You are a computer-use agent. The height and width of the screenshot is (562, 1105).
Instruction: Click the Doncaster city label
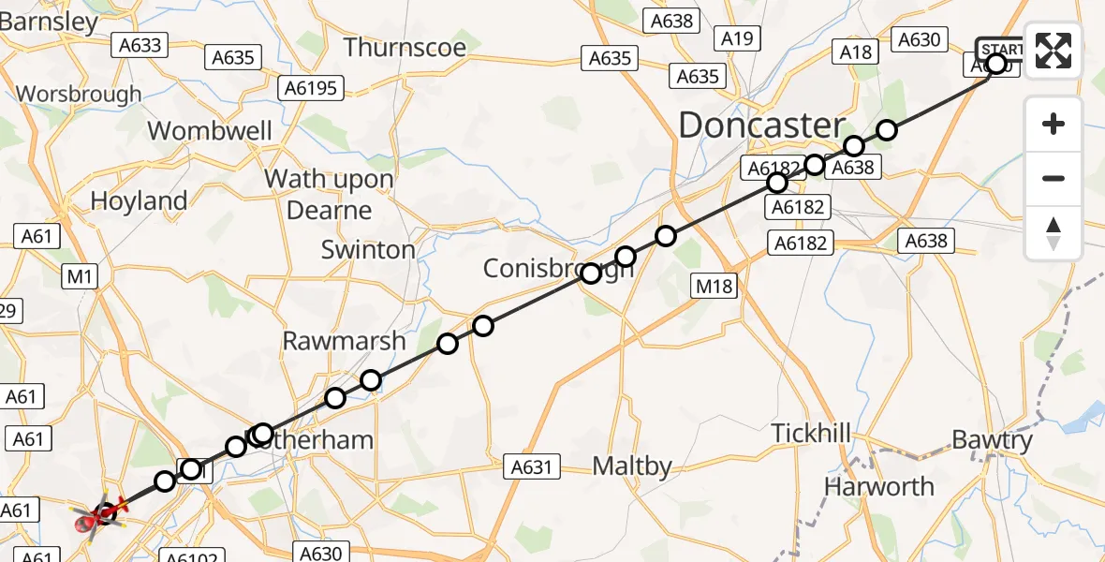tap(761, 126)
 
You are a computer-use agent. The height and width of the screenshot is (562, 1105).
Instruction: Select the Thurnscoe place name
tap(405, 47)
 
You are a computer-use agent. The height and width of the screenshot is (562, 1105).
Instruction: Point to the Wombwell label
tap(210, 131)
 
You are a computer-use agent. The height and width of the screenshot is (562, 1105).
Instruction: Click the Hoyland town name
tap(139, 200)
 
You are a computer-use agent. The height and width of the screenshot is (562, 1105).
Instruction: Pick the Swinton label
tap(368, 250)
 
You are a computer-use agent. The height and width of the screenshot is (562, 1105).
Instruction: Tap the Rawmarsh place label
tap(345, 341)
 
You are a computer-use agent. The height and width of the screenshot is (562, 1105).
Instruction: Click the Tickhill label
tap(811, 434)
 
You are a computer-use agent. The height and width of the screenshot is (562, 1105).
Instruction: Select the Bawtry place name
tap(991, 439)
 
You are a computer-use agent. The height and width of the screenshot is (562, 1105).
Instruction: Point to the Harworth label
tap(878, 487)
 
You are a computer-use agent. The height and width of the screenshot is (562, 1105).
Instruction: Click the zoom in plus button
tap(1053, 125)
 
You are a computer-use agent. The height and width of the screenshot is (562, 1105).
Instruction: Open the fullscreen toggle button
tap(1053, 52)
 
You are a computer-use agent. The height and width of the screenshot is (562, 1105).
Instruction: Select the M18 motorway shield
tap(713, 287)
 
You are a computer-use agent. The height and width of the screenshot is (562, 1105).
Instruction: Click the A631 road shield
tap(531, 466)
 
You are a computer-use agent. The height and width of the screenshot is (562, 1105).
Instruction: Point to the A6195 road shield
tap(311, 88)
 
